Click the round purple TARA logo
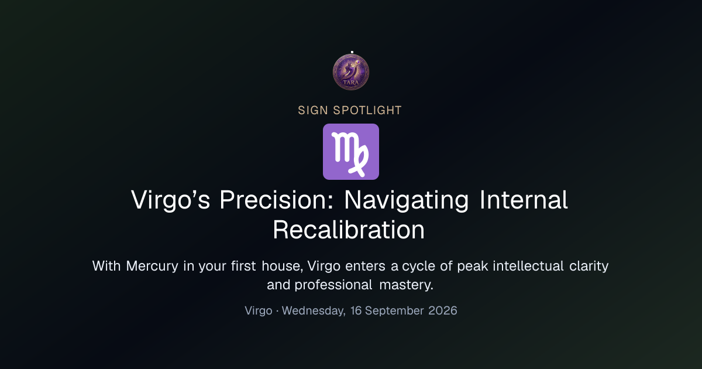click(x=351, y=72)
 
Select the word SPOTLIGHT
click(x=367, y=111)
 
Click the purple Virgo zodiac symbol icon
click(x=351, y=152)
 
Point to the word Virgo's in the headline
click(x=170, y=200)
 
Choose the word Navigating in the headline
click(x=406, y=200)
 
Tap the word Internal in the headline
click(x=524, y=200)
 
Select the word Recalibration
click(x=349, y=230)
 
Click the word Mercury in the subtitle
click(x=152, y=266)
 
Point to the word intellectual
click(x=528, y=266)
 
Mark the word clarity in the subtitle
click(x=589, y=266)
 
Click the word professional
click(x=333, y=285)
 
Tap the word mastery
click(x=406, y=285)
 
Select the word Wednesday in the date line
click(x=314, y=310)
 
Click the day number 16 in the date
click(x=356, y=310)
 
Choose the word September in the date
click(x=394, y=310)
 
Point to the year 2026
click(x=442, y=310)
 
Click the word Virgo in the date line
click(x=259, y=310)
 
